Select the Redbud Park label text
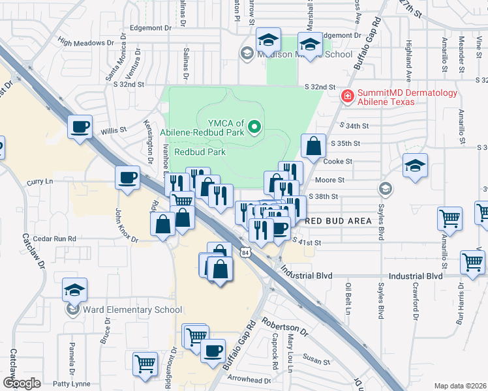point(200,151)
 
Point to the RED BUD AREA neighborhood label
point(339,221)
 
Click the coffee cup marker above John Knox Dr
point(127,177)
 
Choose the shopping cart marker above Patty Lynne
point(145,363)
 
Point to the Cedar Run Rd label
point(55,239)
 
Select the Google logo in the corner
point(22,383)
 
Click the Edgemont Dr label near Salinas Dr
point(150,28)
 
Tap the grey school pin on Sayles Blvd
point(385,189)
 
